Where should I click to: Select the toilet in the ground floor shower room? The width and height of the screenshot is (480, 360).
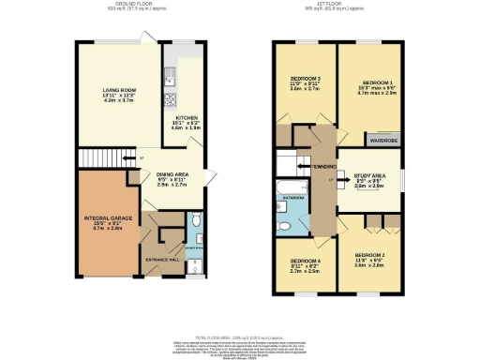(193, 221)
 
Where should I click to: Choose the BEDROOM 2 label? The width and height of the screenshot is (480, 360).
(371, 254)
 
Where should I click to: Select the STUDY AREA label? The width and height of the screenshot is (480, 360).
(372, 175)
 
